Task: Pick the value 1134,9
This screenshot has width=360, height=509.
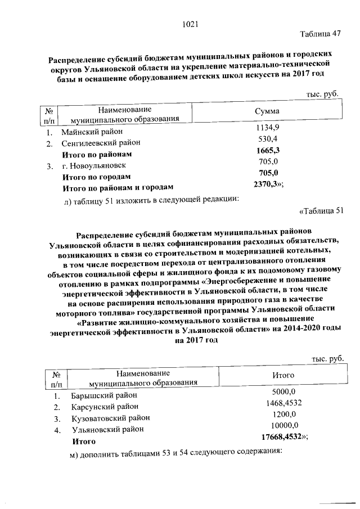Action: pyautogui.click(x=268, y=129)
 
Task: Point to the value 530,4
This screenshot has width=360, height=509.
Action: pyautogui.click(x=268, y=139)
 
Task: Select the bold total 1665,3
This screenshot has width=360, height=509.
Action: pyautogui.click(x=268, y=151)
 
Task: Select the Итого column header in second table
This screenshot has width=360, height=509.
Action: pyautogui.click(x=283, y=376)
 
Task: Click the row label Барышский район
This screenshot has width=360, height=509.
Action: pyautogui.click(x=103, y=396)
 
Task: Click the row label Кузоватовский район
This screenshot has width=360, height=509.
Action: pyautogui.click(x=110, y=418)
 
